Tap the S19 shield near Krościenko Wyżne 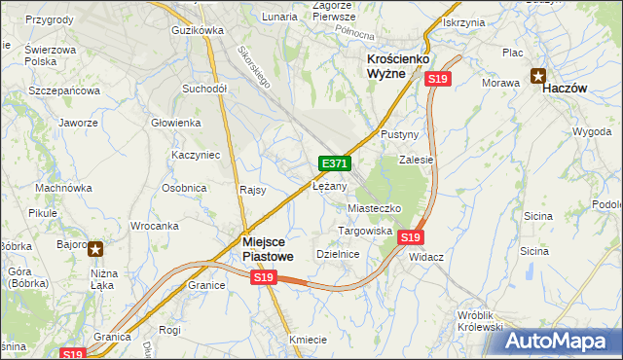438,79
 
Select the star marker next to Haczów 538,75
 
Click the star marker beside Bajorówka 95,249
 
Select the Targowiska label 365,231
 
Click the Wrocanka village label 154,226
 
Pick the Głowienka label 176,123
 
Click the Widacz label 426,257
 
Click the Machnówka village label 63,187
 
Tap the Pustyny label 399,133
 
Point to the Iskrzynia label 463,21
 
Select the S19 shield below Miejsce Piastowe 264,277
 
